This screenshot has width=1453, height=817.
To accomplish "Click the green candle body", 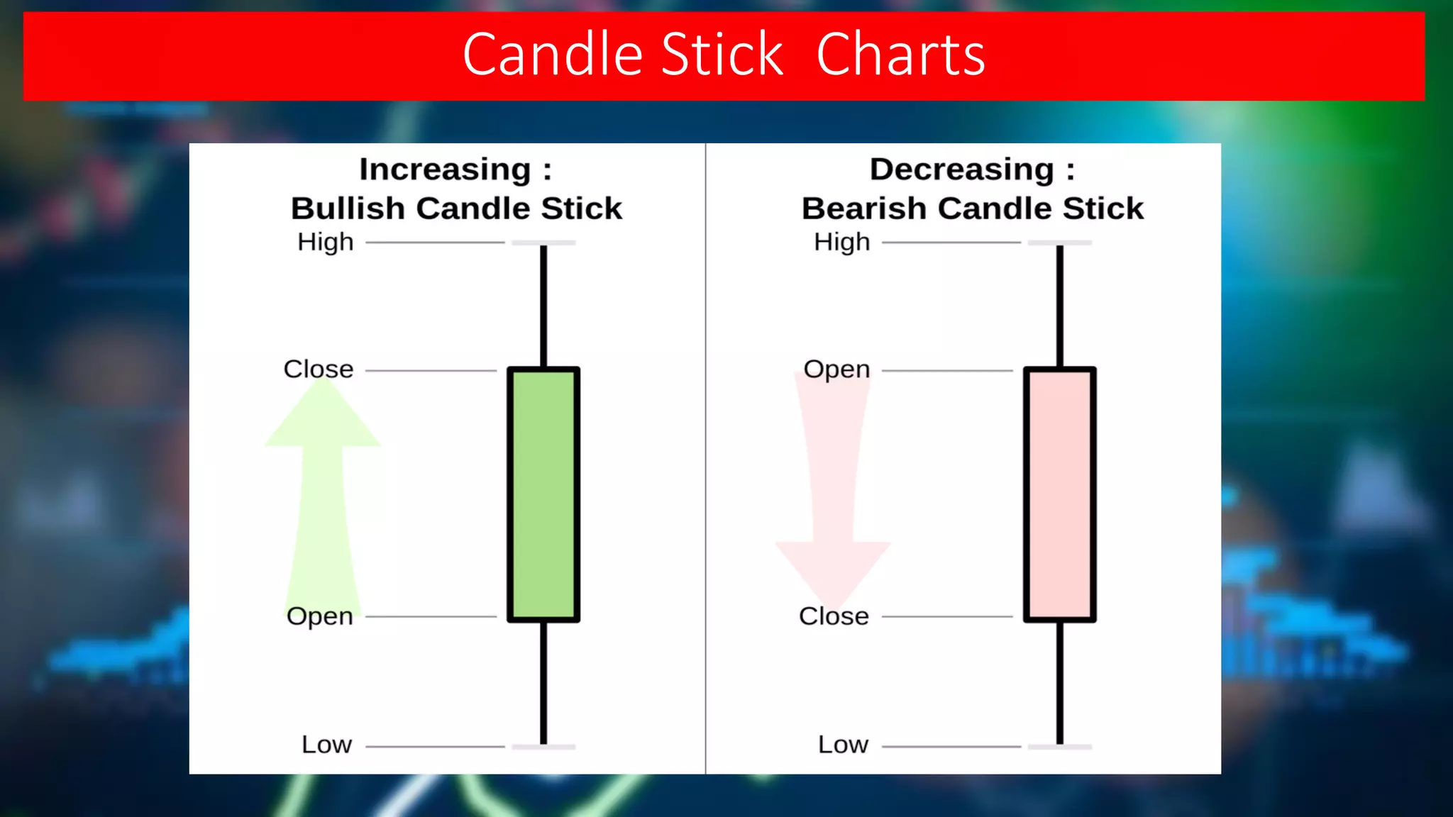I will [543, 494].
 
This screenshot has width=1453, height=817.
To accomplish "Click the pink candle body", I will [1059, 494].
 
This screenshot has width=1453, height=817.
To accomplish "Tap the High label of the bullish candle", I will [326, 242].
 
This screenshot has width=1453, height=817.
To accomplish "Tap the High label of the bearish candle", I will [841, 242].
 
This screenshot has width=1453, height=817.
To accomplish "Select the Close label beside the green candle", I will [319, 369].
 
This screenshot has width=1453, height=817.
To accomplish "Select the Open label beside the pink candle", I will [836, 369].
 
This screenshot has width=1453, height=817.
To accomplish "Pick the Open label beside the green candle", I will [320, 616].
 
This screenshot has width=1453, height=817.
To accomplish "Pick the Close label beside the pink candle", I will [834, 616].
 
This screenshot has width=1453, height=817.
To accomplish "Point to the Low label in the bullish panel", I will [326, 744].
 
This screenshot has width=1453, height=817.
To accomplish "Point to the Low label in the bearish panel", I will [843, 744].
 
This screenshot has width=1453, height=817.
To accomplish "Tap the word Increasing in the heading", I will [445, 169].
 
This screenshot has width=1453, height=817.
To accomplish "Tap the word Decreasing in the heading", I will [962, 169].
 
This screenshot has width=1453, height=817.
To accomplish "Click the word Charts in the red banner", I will [900, 55].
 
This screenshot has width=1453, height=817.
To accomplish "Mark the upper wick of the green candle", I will [543, 305].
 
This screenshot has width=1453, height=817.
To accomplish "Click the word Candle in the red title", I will [553, 55].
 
